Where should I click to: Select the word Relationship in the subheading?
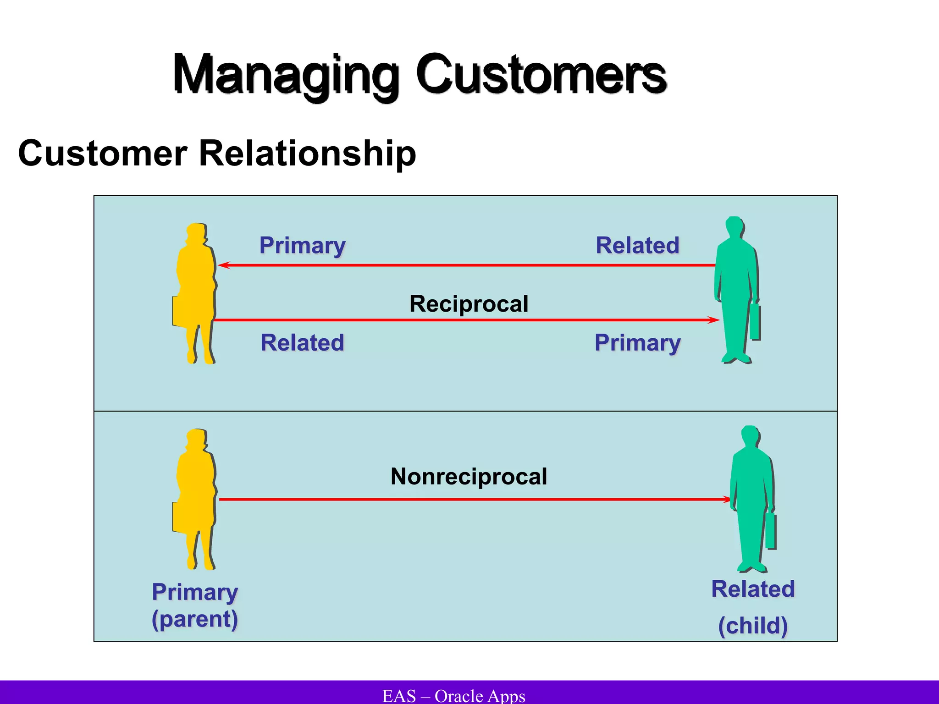point(307,153)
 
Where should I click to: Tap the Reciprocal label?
point(469,304)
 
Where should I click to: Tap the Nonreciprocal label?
point(469,476)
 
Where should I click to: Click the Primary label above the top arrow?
point(302,245)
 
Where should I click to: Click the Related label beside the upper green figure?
point(637,245)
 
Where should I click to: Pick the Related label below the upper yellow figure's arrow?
point(302,342)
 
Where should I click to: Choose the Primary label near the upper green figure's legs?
point(637,342)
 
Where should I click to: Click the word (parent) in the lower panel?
point(195,619)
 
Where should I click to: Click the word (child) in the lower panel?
point(753,626)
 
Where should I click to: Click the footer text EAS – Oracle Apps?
point(453,696)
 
